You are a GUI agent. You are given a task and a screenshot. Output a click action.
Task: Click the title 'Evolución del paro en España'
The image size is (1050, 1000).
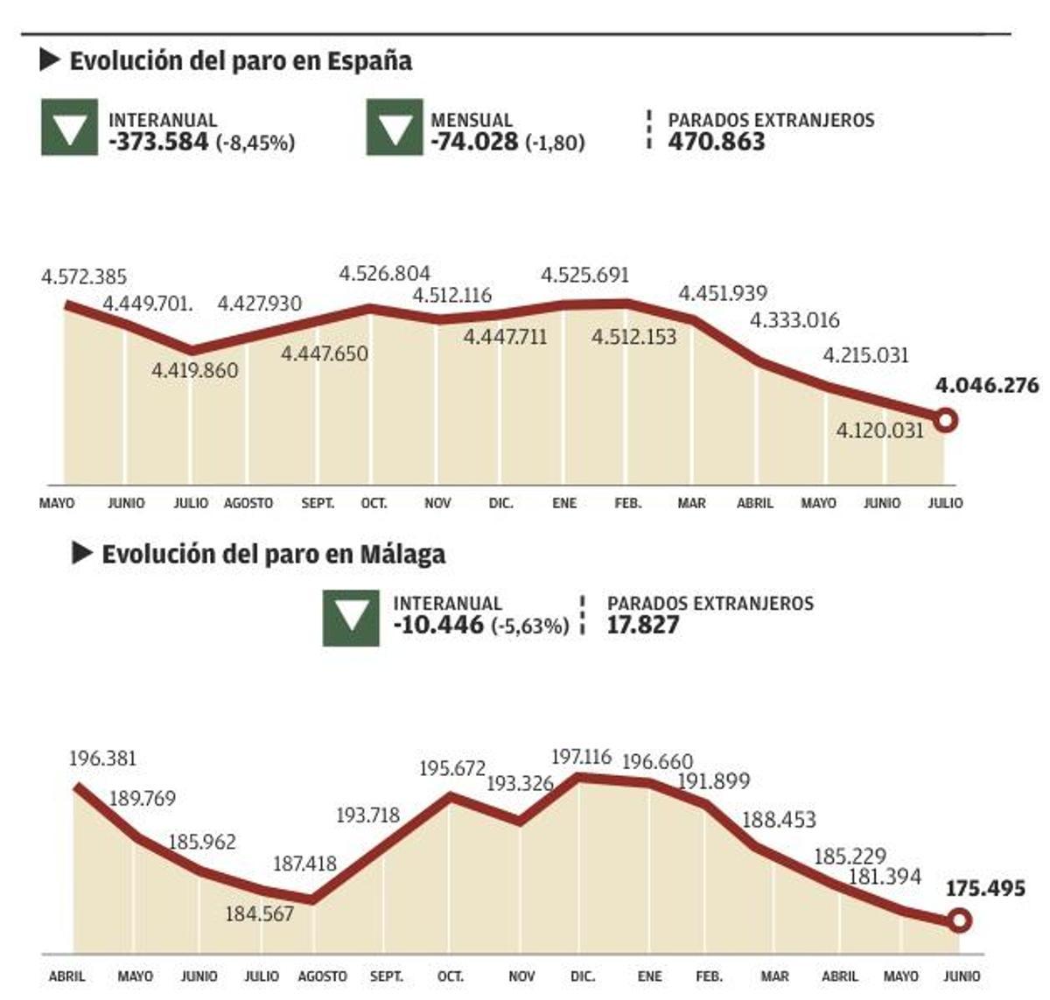[x=240, y=61]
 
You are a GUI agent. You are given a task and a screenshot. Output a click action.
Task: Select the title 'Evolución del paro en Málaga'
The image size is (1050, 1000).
[x=273, y=555]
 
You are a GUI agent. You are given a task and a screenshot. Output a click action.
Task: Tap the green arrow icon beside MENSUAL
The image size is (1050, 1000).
[x=394, y=128]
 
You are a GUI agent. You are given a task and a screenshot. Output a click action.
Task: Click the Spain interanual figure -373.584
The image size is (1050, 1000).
[x=158, y=142]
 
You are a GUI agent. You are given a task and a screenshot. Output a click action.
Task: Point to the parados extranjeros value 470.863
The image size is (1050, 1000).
[x=717, y=142]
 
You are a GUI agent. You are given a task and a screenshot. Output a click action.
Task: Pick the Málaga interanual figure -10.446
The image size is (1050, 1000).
[x=438, y=625]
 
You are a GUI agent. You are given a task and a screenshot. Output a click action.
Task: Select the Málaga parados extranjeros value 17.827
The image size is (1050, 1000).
[x=643, y=625]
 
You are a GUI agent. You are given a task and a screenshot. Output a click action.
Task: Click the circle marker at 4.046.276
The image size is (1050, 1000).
[x=945, y=421]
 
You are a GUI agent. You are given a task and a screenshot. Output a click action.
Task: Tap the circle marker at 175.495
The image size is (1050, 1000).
[x=959, y=920]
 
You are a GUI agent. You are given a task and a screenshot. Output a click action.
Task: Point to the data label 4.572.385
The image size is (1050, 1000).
[x=84, y=277]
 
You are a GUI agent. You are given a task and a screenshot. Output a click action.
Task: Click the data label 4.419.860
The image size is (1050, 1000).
[x=194, y=371]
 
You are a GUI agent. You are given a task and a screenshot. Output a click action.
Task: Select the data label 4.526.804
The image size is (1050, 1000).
[x=385, y=274]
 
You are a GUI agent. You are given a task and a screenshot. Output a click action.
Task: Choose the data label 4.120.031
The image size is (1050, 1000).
[x=879, y=430]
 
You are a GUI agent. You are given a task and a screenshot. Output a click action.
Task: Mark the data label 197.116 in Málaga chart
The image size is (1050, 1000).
[x=581, y=757]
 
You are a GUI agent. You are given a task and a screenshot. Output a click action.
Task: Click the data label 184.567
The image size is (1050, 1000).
[x=259, y=914]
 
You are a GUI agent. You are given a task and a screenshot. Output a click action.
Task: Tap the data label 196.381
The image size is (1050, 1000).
[x=103, y=759]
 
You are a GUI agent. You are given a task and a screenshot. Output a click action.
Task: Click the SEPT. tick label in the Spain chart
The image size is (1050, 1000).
[x=318, y=504]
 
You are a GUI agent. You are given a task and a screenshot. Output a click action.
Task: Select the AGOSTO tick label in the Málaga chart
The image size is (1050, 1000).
[x=322, y=976]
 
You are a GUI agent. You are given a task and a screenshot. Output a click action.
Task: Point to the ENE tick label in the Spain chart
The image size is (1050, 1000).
[x=564, y=504]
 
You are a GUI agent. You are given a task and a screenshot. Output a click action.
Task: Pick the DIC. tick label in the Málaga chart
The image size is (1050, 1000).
[x=582, y=976]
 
